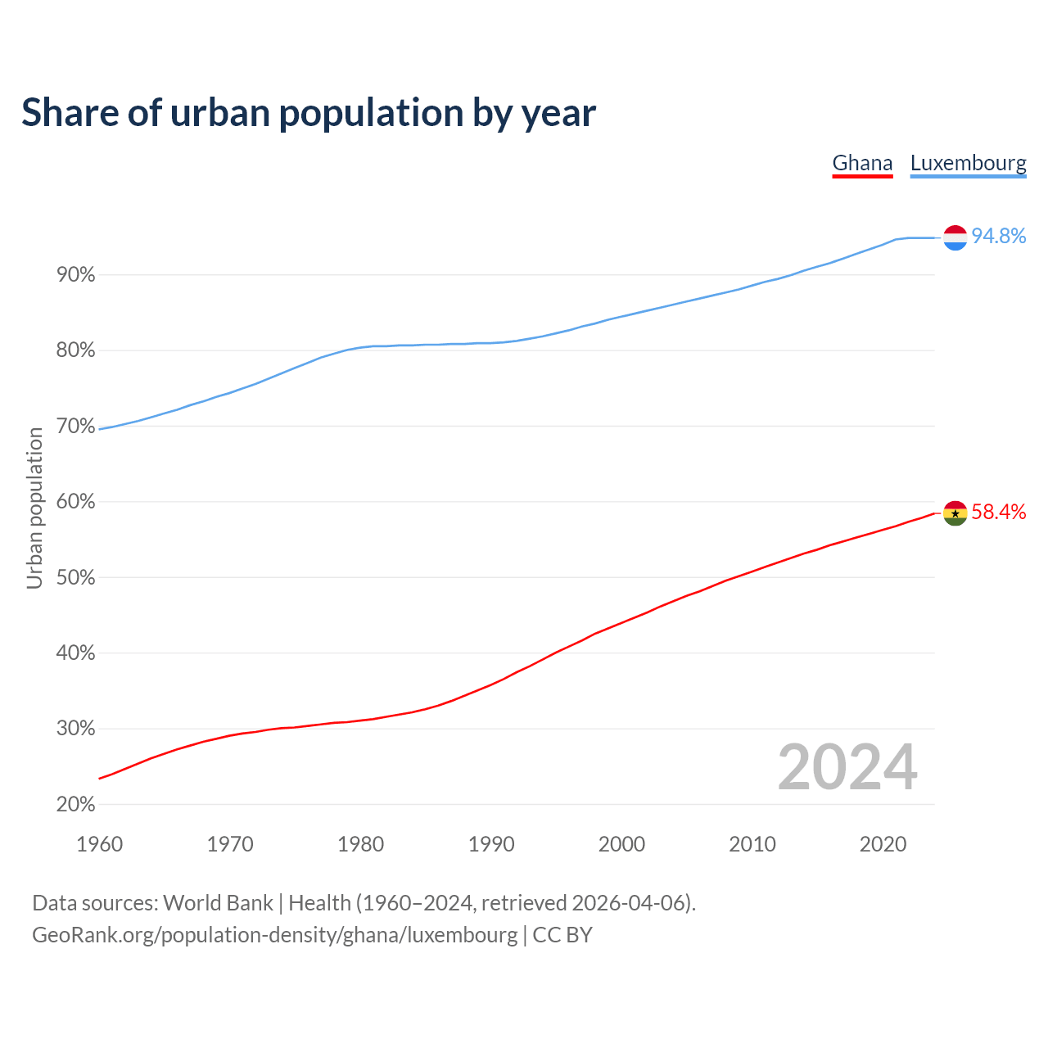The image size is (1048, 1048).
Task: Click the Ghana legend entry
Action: point(862,164)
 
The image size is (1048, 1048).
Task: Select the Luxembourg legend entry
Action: point(968,164)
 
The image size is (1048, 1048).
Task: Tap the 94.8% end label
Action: point(998,236)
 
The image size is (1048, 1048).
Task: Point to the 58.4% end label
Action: point(998,512)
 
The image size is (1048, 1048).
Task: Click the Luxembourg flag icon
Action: point(955,237)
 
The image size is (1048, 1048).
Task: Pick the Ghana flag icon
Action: point(955,513)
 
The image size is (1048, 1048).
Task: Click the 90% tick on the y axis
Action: point(76,275)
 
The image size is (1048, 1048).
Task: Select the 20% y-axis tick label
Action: point(76,805)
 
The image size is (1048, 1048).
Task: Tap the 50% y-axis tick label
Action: point(76,578)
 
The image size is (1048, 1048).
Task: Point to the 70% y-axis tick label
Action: point(76,427)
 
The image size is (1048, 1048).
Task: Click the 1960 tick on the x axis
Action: point(99,844)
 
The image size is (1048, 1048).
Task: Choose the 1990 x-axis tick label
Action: point(491,844)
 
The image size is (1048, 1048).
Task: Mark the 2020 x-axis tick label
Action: point(883,844)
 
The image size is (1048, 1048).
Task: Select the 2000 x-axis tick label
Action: point(621,844)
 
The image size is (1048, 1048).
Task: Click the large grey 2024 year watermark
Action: point(847,767)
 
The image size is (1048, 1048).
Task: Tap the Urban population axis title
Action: point(34,508)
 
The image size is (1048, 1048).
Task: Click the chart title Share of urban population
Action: point(309,113)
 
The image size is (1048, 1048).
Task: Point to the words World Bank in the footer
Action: point(218,903)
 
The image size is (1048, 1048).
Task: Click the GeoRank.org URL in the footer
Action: point(275,935)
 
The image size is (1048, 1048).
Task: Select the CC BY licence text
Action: point(562,935)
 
